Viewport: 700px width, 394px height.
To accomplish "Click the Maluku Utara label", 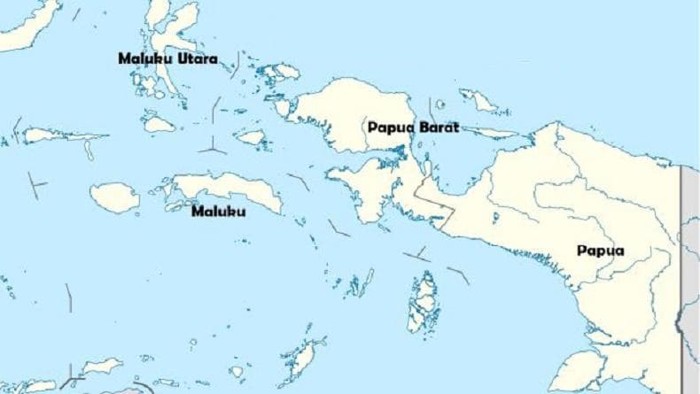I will (x=167, y=58).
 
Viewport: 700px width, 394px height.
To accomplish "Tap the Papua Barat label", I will (x=413, y=127).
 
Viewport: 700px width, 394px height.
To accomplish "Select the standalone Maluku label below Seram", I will (x=219, y=212).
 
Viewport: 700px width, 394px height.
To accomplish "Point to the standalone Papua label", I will (x=601, y=251).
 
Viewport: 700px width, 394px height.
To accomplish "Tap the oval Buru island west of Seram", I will (x=115, y=197).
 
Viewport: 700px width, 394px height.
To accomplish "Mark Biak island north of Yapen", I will (x=479, y=102).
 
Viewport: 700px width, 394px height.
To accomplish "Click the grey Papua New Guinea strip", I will (x=689, y=266).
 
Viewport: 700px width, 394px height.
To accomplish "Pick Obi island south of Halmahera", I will (x=159, y=125).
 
